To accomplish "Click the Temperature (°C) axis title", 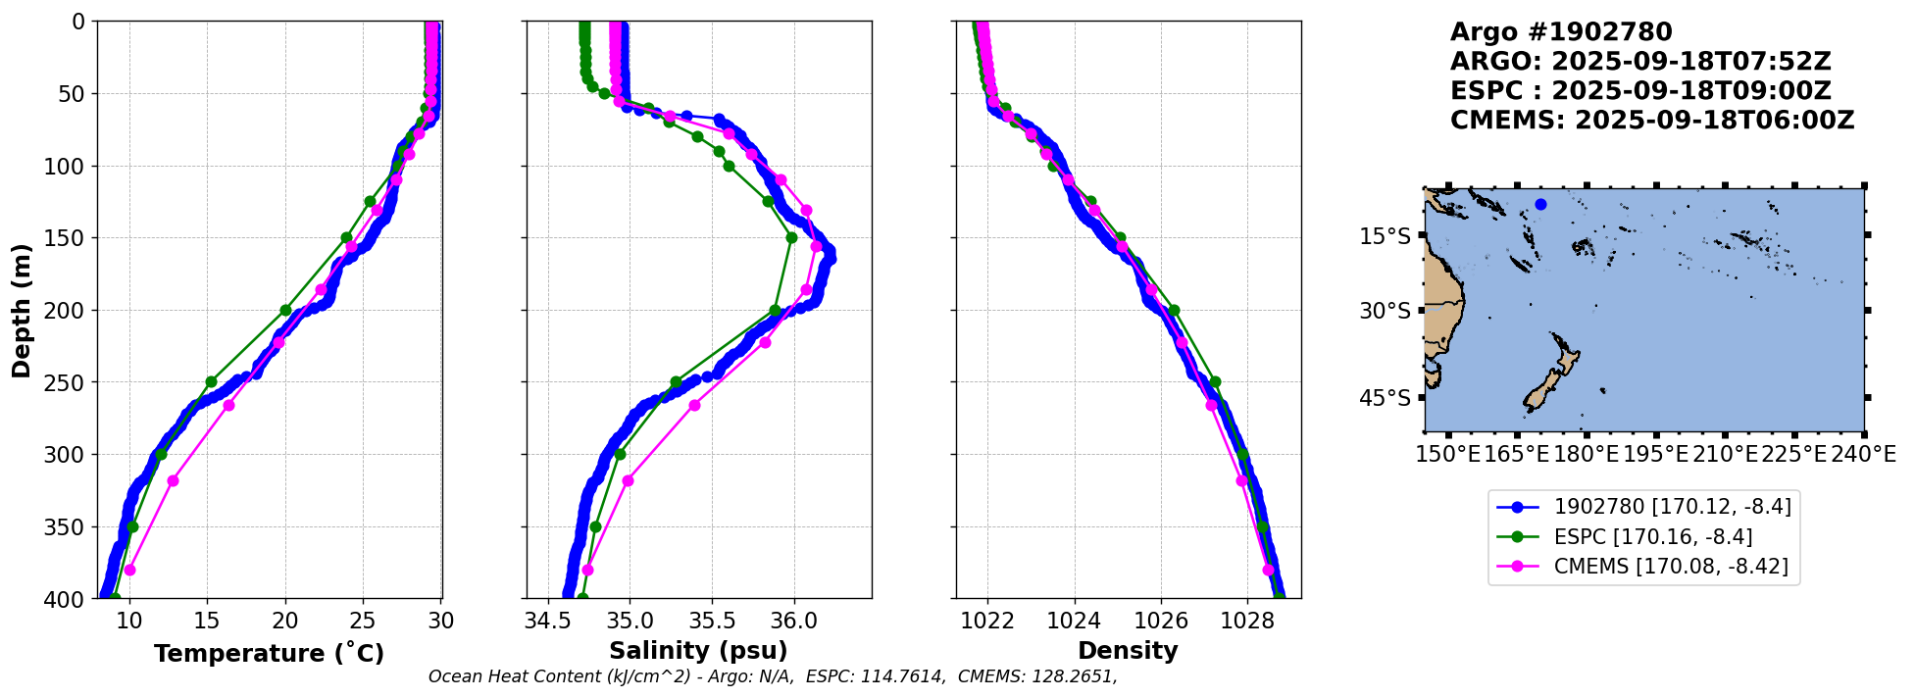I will click(269, 653).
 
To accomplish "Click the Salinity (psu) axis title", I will click(698, 651).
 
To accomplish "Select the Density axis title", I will click(1128, 651).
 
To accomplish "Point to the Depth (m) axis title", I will click(22, 310).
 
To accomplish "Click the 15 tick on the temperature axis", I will click(207, 621).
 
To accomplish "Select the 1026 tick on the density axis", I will click(1161, 621).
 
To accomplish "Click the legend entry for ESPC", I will click(1653, 536).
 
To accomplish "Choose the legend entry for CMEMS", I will click(1671, 567).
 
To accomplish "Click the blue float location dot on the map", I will click(1540, 204).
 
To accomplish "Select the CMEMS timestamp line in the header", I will click(1652, 121).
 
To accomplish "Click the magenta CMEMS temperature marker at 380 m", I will click(129, 570).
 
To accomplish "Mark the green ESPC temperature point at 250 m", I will click(211, 381).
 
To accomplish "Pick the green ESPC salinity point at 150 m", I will click(791, 237).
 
